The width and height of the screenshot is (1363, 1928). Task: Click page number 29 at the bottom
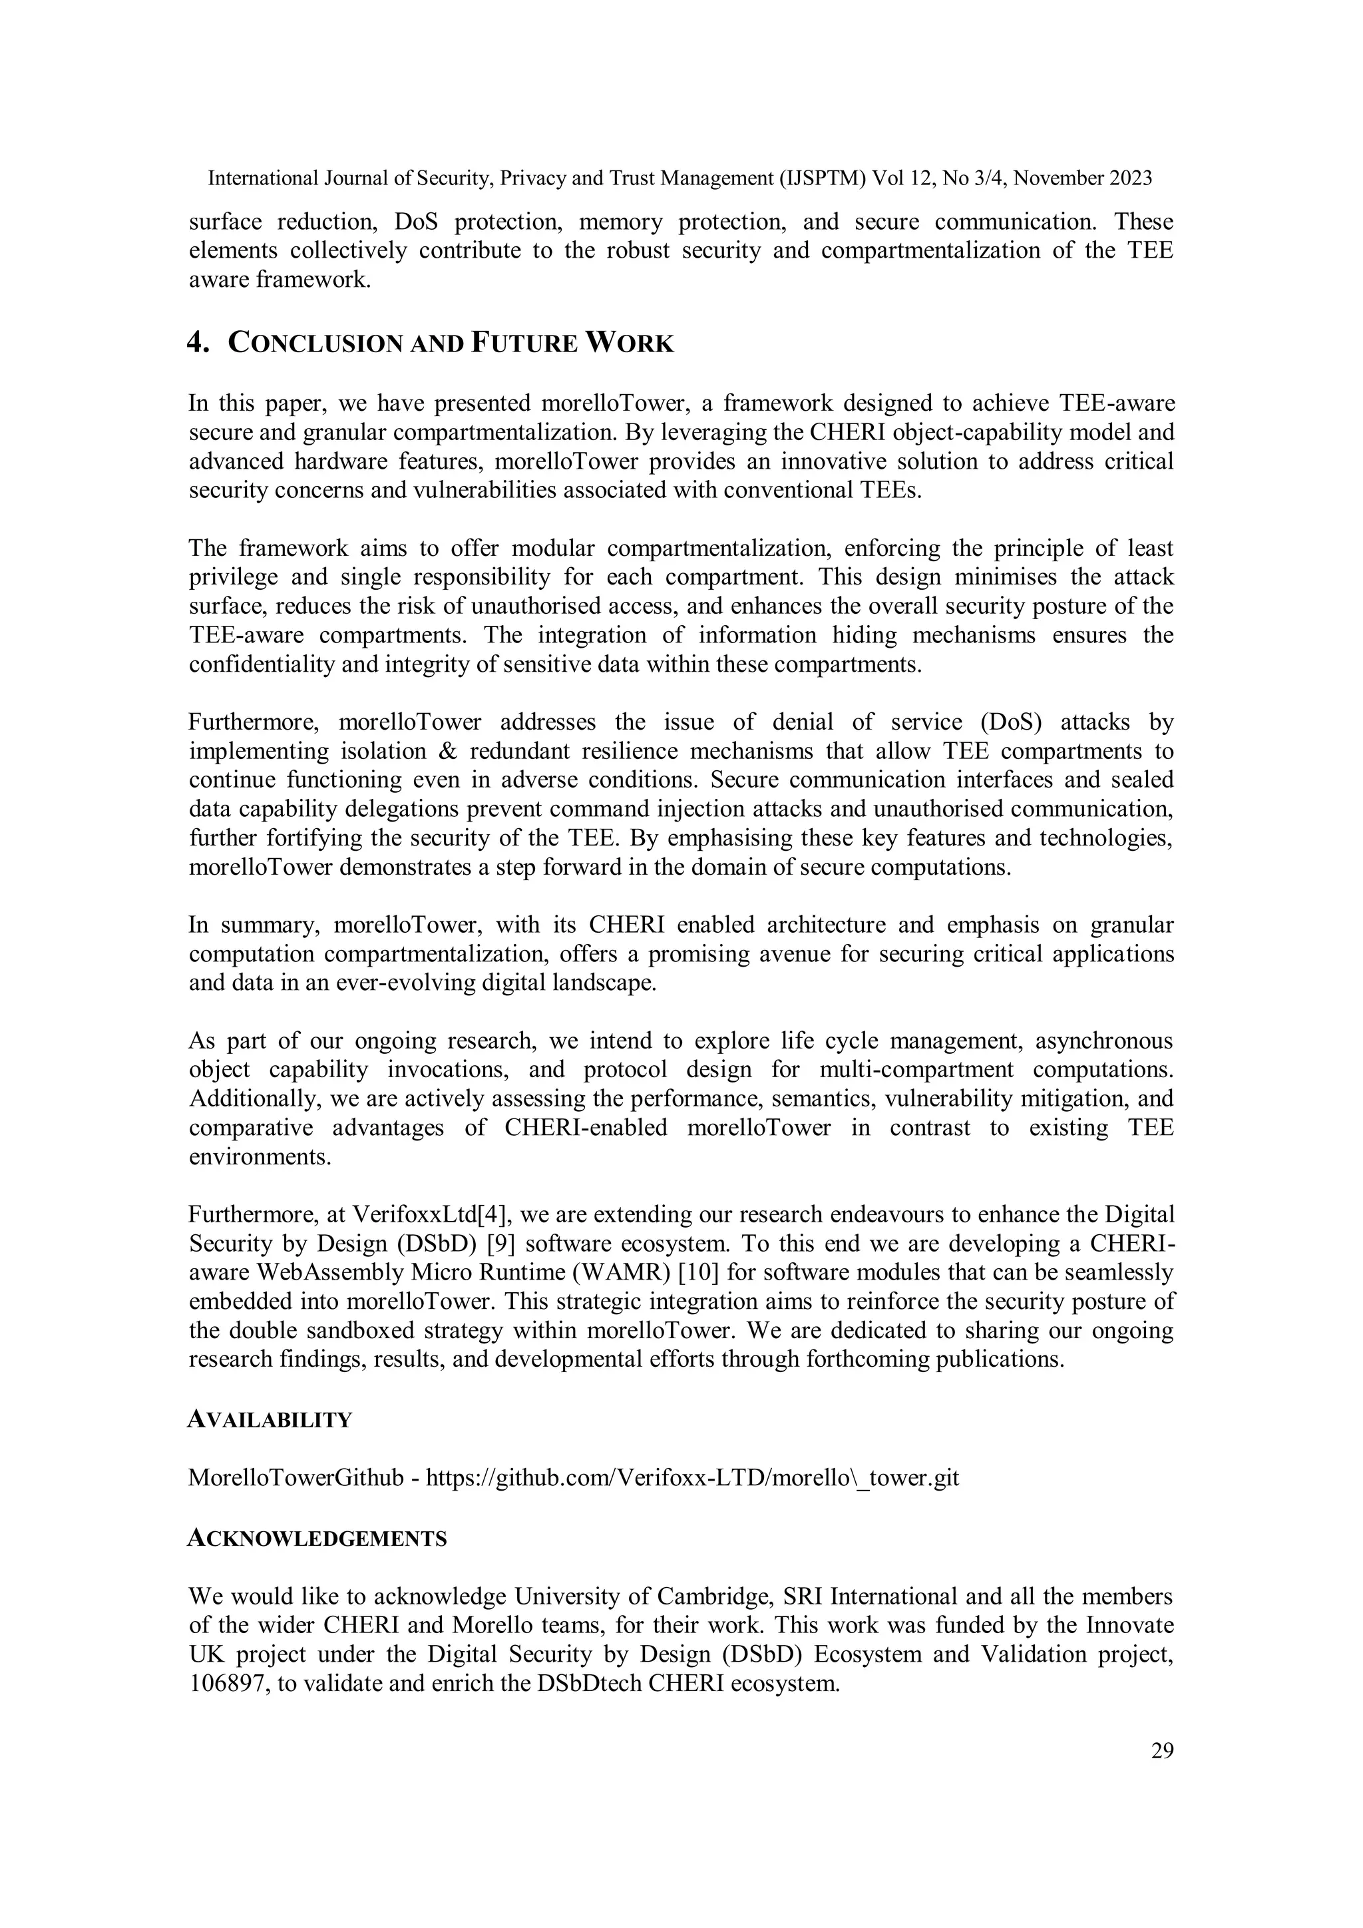(x=1161, y=1751)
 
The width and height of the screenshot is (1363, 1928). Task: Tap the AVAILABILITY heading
(x=270, y=1420)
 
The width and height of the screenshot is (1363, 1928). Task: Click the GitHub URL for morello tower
(x=692, y=1478)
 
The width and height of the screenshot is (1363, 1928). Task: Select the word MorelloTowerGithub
(x=296, y=1478)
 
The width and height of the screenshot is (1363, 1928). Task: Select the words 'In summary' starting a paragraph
(x=255, y=925)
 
